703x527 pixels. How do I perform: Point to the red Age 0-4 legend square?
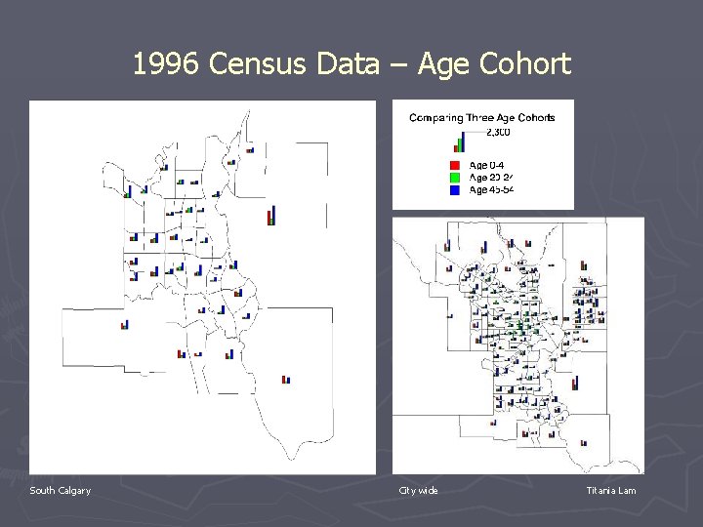[455, 165]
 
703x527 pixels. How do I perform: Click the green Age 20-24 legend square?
[455, 178]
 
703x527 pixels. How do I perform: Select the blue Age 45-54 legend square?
[455, 189]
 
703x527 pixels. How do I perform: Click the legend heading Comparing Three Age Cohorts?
[482, 118]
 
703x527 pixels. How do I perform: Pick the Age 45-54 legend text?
[492, 189]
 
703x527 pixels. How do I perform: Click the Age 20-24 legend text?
[492, 178]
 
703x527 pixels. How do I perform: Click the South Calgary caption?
[60, 490]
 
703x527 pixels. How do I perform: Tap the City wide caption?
[418, 490]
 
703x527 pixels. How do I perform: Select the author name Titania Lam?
[610, 490]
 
